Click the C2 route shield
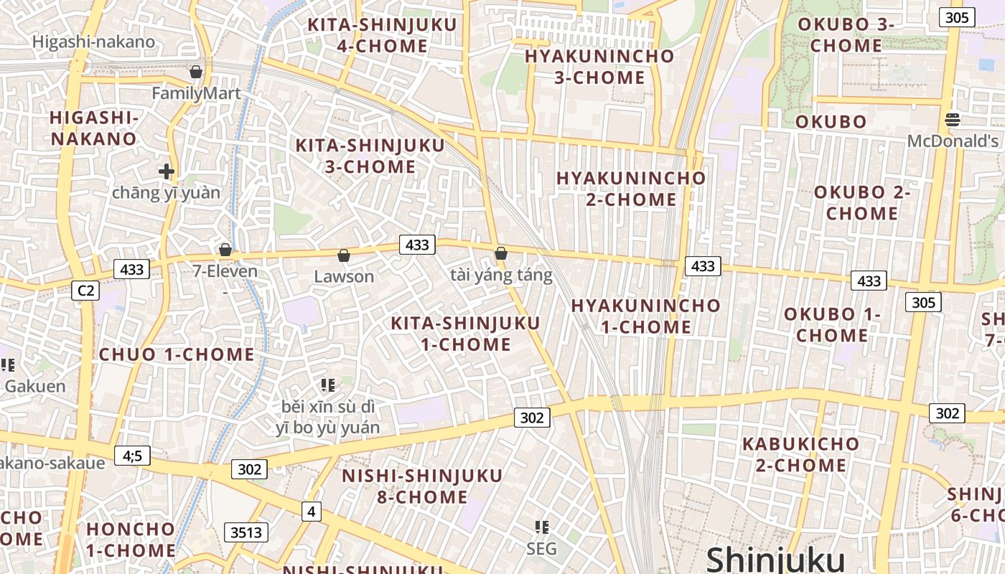85,291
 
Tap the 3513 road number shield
246,532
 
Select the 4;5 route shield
132,455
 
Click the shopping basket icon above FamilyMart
195,72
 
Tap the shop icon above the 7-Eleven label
225,250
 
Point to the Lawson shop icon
344,255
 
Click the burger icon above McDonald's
953,120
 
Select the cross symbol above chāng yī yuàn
167,171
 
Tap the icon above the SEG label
542,527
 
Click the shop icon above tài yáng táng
501,253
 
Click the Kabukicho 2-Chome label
800,454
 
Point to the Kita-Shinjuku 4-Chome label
382,35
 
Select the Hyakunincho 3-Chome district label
599,67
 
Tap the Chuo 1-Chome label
177,354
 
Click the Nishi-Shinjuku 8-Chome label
422,486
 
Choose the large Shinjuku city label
775,559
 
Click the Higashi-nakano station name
93,42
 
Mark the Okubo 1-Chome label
832,325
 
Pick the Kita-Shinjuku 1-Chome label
465,334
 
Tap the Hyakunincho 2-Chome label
631,188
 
